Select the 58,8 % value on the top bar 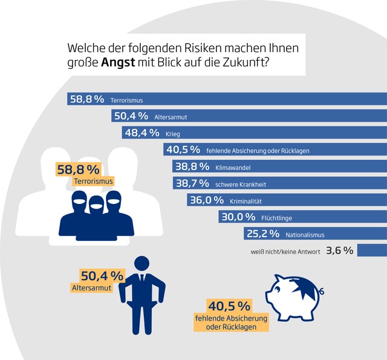[x=87, y=99]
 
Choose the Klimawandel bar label [x=232, y=166]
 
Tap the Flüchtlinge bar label [x=278, y=217]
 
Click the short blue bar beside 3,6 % [x=371, y=250]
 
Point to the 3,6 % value [x=339, y=250]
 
